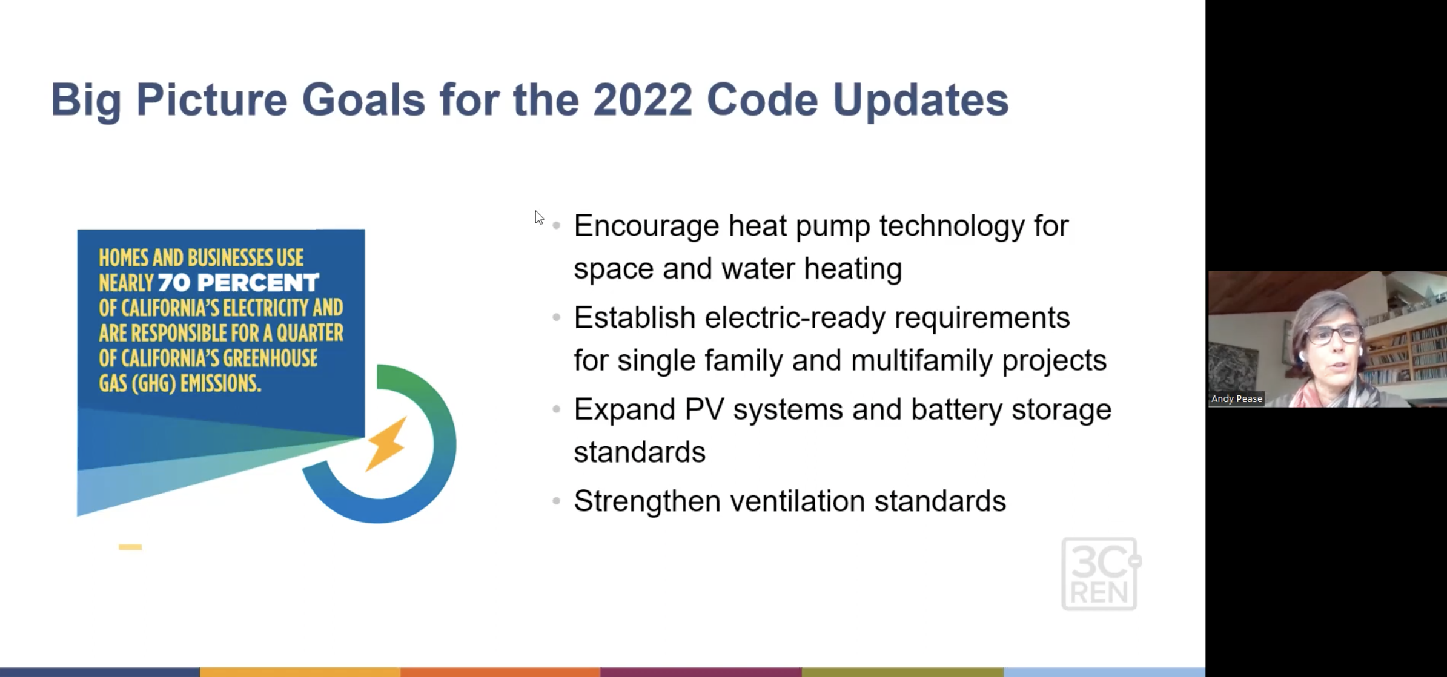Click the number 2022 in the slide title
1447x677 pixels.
point(642,99)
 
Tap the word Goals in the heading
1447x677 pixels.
point(363,99)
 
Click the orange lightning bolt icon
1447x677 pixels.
point(386,443)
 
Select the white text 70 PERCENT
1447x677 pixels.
point(238,283)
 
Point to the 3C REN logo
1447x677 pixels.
point(1101,573)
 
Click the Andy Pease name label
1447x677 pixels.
point(1237,398)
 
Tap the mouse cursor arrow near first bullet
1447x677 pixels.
point(539,217)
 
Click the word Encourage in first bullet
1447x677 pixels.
point(646,226)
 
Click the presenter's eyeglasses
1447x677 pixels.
point(1333,334)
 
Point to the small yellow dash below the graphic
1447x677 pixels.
point(130,547)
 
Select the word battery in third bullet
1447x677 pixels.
point(957,410)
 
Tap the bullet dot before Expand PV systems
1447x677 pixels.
point(557,409)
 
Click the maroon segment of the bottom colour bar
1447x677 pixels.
point(701,672)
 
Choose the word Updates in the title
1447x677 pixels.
point(921,101)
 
